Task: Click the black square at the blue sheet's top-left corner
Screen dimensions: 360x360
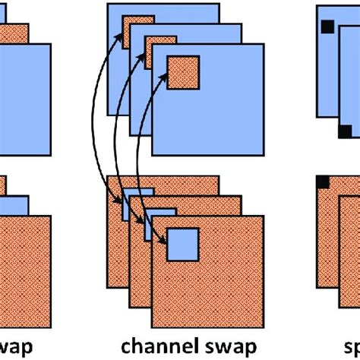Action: (327, 27)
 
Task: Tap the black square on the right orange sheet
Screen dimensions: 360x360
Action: (321, 181)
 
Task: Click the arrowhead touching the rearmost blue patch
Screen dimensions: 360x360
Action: (121, 203)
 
